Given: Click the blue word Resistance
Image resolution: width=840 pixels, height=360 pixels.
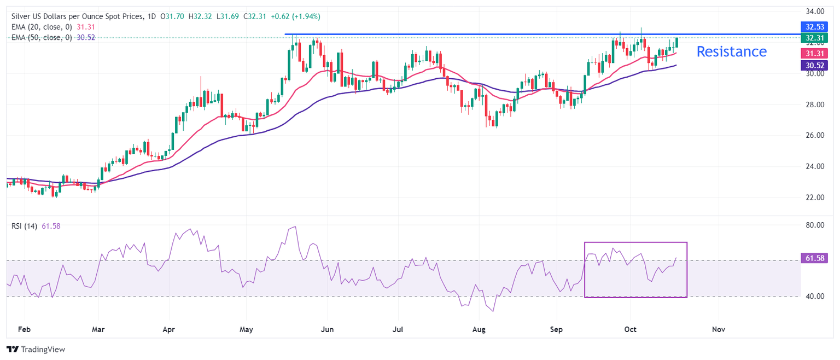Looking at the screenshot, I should click(731, 51).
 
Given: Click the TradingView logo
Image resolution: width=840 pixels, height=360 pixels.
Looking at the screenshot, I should click(36, 349).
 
